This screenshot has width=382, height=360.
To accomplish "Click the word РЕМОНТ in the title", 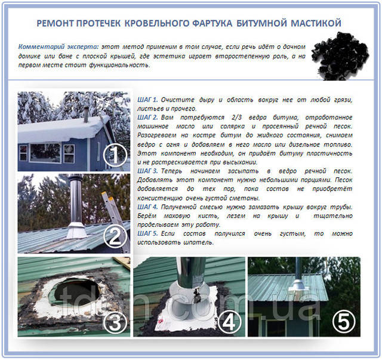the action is (x=55, y=23).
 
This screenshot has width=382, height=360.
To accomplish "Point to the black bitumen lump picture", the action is (x=340, y=56).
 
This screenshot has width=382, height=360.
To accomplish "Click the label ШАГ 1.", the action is (x=147, y=100).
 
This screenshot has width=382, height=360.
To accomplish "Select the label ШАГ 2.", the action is (x=147, y=117).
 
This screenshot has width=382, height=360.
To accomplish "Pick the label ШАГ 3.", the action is (x=147, y=171).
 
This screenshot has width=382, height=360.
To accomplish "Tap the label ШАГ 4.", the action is (x=147, y=207).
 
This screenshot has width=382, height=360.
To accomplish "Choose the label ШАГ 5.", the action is (x=147, y=233).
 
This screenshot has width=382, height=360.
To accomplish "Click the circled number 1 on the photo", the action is (x=115, y=155).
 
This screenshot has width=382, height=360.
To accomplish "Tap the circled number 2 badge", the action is (x=115, y=237).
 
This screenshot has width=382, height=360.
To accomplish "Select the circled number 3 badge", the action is (x=115, y=323).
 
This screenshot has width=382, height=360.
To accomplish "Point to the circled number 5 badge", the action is (x=344, y=322).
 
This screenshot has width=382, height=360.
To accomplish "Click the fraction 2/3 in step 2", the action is (x=237, y=117).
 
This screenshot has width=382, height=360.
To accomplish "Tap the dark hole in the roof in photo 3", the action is (x=77, y=291).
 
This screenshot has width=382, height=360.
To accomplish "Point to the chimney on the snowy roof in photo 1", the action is (x=87, y=115).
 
